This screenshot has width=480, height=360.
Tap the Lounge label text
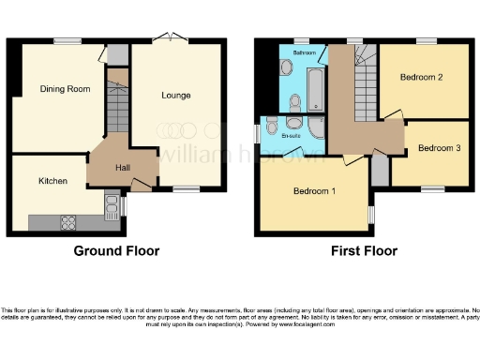(x=175, y=96)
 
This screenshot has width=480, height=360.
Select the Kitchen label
(x=52, y=180)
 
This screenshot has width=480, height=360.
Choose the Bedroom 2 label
(x=421, y=77)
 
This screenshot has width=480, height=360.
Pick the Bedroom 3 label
(x=438, y=148)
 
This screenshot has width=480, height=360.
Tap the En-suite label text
(x=292, y=137)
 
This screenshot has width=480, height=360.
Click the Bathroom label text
(x=304, y=53)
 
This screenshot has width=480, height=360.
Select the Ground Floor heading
(x=117, y=251)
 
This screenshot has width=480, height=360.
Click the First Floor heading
(x=364, y=251)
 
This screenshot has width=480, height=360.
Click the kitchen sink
(x=112, y=204)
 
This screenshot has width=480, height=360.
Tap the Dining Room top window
(x=66, y=40)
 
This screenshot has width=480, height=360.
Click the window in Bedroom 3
(x=432, y=188)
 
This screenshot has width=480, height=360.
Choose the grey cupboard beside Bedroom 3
(x=379, y=170)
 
